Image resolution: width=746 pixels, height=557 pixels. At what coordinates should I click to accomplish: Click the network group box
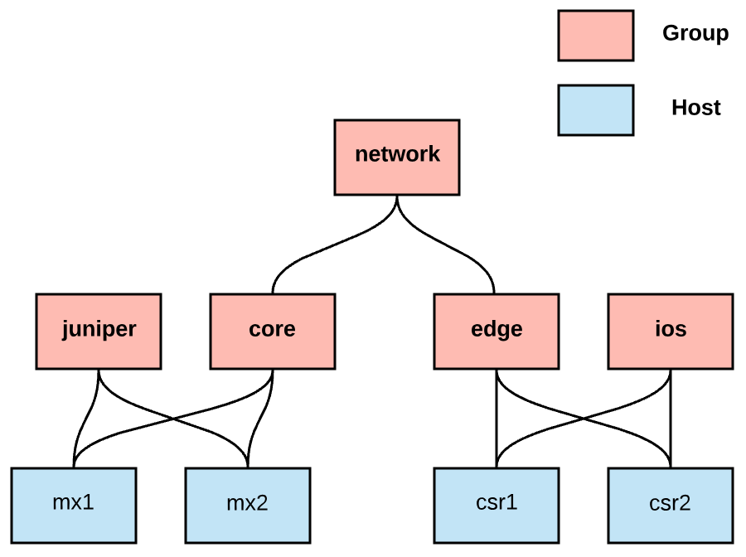(397, 157)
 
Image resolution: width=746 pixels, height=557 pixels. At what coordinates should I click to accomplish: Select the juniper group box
(99, 331)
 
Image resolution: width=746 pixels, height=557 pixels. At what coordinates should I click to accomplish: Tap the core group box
(273, 331)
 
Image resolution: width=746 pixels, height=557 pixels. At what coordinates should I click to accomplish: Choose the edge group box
(497, 331)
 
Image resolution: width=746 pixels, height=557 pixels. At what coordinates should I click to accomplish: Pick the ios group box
(670, 331)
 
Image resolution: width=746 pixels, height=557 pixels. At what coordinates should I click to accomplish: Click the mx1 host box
(74, 505)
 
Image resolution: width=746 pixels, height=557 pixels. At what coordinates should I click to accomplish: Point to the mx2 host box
(248, 505)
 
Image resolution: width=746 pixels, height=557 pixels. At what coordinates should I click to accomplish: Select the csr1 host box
(497, 505)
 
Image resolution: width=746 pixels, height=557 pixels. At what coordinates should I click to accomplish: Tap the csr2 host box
(670, 505)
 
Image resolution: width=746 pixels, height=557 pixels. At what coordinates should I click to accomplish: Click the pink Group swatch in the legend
(595, 36)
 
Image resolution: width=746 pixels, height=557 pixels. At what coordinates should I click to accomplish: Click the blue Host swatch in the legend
(595, 109)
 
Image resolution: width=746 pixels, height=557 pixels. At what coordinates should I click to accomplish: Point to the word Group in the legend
(695, 34)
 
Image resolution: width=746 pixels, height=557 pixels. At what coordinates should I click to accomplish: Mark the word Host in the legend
(695, 108)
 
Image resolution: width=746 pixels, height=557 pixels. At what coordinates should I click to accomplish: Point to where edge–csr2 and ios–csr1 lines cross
(584, 419)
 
